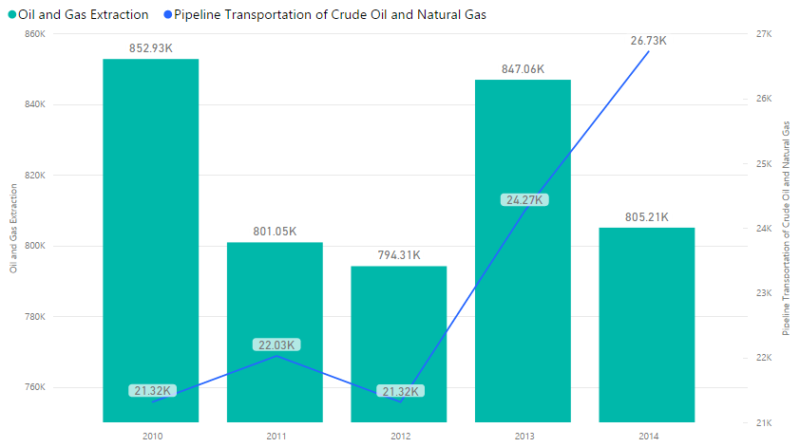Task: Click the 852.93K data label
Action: tap(150, 47)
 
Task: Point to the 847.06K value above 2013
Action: tap(524, 68)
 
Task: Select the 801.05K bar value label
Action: tap(275, 231)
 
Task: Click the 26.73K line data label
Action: tap(649, 41)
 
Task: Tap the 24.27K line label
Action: tap(524, 200)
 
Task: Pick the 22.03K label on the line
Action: tap(276, 345)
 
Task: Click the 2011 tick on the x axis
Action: tap(276, 435)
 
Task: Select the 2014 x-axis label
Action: tap(648, 435)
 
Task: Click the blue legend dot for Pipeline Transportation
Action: tap(167, 15)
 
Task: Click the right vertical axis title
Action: tap(786, 228)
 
